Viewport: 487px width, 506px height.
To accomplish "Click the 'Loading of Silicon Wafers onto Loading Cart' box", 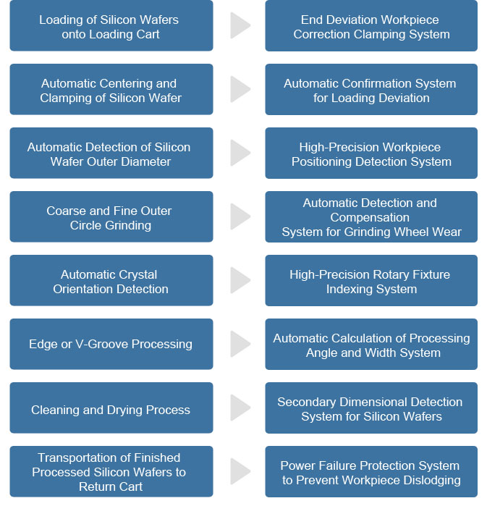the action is click(x=111, y=25).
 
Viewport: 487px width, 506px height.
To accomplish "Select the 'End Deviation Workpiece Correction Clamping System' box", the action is click(x=371, y=25).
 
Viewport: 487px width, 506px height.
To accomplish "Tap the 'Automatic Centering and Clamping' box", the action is click(x=111, y=89).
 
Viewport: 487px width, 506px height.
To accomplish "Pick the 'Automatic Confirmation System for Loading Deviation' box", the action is click(x=371, y=89).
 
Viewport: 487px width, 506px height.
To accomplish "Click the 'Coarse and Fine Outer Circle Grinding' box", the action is click(x=111, y=216).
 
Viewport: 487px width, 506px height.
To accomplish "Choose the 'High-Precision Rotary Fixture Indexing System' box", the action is click(x=371, y=280).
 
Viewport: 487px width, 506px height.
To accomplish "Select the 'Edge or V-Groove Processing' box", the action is click(x=111, y=344).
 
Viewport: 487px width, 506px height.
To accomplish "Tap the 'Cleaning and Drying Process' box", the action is click(x=111, y=408).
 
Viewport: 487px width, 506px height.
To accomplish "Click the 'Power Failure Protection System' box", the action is click(x=371, y=471).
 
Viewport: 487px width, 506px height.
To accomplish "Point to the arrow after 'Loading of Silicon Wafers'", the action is click(x=240, y=25).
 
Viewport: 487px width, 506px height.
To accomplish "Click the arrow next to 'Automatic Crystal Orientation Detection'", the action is click(x=240, y=280).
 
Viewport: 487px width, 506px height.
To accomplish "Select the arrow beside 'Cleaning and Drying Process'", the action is click(x=240, y=408).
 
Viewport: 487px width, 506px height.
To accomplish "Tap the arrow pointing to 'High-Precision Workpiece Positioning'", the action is click(x=240, y=153).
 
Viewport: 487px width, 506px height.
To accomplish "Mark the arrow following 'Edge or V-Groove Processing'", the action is click(x=240, y=344).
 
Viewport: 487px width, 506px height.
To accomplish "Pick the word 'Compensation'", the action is click(x=370, y=218).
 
